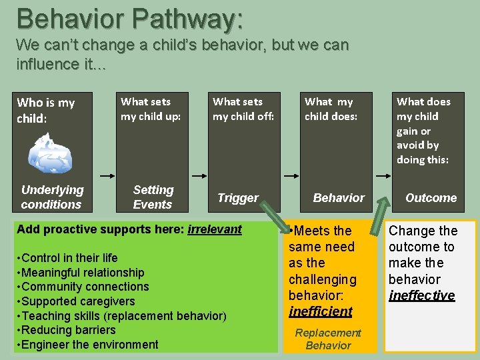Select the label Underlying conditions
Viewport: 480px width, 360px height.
click(x=52, y=197)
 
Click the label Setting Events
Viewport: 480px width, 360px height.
click(x=153, y=197)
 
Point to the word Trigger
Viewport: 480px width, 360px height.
click(x=238, y=198)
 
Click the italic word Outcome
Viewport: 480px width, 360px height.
click(x=431, y=198)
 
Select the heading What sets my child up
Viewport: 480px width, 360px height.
click(x=151, y=109)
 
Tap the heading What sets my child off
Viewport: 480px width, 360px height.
click(x=243, y=109)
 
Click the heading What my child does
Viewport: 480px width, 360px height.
click(x=331, y=109)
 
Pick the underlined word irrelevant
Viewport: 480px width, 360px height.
click(x=214, y=229)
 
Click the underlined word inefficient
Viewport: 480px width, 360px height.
click(x=321, y=311)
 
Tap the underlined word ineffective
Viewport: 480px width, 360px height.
click(x=421, y=295)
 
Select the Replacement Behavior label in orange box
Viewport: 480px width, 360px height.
click(x=328, y=339)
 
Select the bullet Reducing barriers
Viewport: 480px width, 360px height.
click(x=67, y=330)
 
